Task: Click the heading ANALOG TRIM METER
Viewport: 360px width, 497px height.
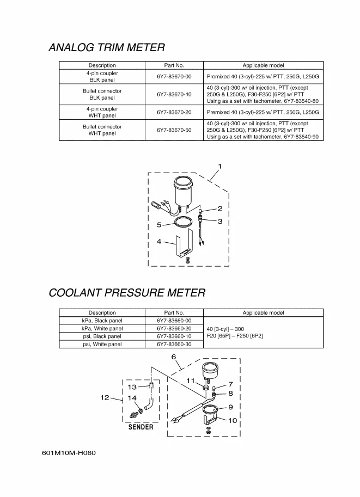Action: click(107, 47)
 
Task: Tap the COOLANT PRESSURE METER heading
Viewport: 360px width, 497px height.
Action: click(127, 293)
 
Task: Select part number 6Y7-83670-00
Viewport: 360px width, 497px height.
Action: click(174, 77)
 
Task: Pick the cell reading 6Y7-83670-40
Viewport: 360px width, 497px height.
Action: click(174, 95)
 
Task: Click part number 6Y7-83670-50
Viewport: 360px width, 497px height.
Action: click(174, 130)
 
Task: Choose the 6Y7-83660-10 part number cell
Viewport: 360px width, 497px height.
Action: click(174, 336)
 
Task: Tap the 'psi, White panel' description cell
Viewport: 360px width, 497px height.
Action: click(102, 345)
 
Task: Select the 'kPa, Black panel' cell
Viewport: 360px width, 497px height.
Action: click(102, 321)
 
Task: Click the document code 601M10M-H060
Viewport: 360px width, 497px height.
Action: click(69, 453)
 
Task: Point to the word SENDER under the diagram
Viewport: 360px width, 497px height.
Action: click(141, 427)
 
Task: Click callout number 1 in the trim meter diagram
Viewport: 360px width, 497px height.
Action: click(220, 166)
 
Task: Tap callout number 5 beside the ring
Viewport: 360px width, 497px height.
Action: click(159, 225)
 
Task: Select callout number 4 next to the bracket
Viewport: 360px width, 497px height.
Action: click(159, 241)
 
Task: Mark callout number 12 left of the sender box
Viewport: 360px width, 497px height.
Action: click(105, 397)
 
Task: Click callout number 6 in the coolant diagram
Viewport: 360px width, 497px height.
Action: click(174, 357)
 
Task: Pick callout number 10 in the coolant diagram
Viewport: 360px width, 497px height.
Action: click(232, 420)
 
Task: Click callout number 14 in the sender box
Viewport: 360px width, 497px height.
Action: click(132, 398)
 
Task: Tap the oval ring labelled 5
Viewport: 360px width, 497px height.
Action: click(182, 222)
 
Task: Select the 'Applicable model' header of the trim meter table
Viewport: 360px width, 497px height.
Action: click(263, 65)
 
